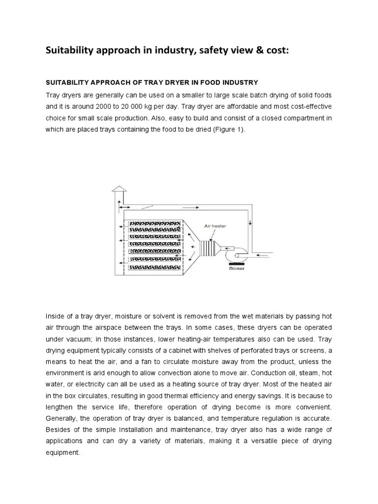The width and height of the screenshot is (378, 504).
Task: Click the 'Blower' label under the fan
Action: [x=236, y=269]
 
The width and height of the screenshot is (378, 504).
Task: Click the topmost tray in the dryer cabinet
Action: [x=152, y=223]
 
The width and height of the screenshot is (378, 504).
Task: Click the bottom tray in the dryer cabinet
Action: [x=152, y=267]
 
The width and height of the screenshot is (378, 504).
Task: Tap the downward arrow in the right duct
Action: [x=251, y=223]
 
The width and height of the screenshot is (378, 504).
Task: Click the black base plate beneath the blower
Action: [x=235, y=264]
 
